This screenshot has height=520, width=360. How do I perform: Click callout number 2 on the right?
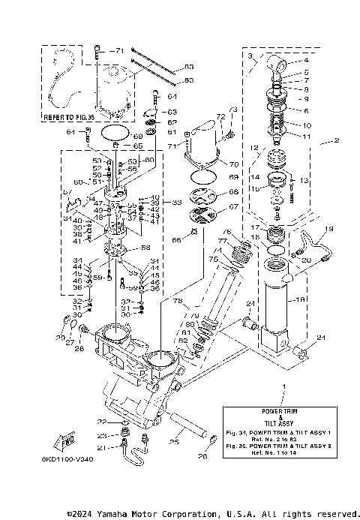[x=337, y=140]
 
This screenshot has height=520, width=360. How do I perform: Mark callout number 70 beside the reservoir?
[x=234, y=164]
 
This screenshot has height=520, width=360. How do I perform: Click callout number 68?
[x=233, y=193]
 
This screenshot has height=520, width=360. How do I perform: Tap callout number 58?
[x=145, y=248]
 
